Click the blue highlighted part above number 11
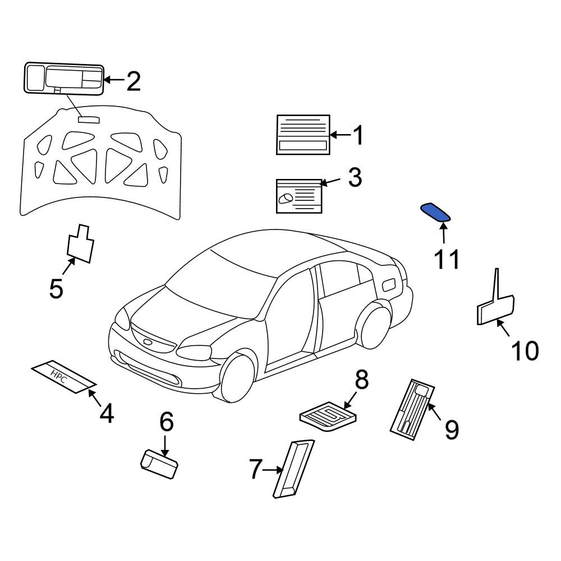click(x=435, y=212)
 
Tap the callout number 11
click(x=447, y=259)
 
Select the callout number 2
click(x=134, y=81)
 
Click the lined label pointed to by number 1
click(x=303, y=135)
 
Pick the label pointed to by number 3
click(x=299, y=196)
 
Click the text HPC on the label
click(x=58, y=376)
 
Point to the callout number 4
click(x=107, y=413)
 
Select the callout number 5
click(x=56, y=288)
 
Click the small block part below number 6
click(x=159, y=464)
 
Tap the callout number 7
click(x=255, y=469)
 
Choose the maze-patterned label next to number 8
click(x=328, y=416)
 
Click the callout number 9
click(x=451, y=430)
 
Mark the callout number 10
click(x=525, y=350)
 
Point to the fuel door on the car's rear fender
click(x=389, y=285)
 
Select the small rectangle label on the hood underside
click(x=89, y=119)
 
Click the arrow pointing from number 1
click(x=341, y=135)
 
